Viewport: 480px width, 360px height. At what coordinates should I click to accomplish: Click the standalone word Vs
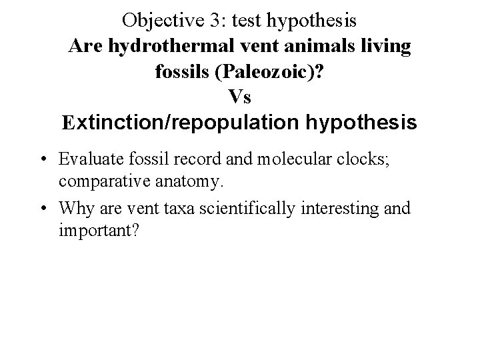(x=240, y=97)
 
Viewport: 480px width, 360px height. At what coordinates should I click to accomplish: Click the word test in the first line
(x=247, y=21)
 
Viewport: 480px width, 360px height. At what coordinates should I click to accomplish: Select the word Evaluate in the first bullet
(x=89, y=159)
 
